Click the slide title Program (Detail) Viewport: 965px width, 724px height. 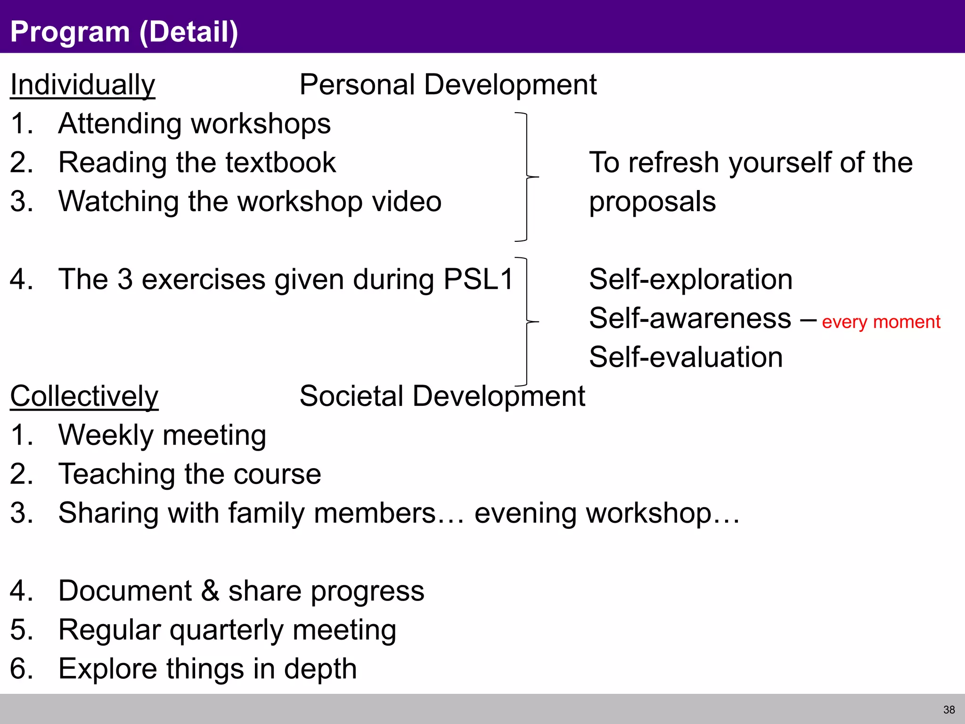(124, 32)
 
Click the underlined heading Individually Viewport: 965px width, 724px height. (82, 85)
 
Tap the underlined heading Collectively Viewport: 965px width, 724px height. (84, 396)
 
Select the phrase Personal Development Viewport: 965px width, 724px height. (448, 85)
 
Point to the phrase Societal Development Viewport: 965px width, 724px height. (442, 396)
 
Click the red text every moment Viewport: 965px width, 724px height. (881, 322)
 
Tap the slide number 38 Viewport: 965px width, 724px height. (949, 710)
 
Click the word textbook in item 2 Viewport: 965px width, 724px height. (280, 163)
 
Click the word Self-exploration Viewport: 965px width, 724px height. (691, 280)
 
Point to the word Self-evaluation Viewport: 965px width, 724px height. (686, 357)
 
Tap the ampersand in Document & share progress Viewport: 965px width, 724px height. (210, 591)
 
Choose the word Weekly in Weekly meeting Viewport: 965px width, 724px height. (106, 436)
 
